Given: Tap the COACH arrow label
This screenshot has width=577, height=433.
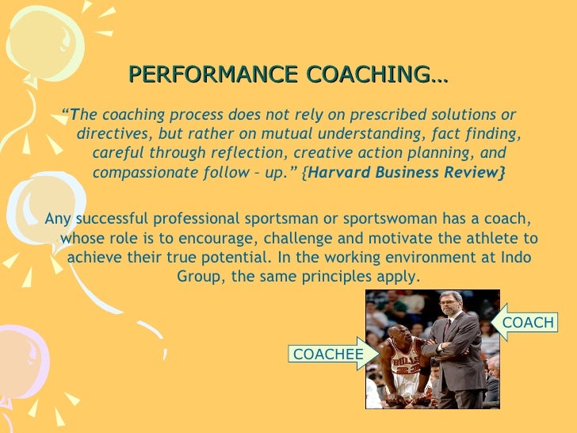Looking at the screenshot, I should tap(528, 323).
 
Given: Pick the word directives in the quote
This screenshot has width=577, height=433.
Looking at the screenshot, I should tap(111, 132).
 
